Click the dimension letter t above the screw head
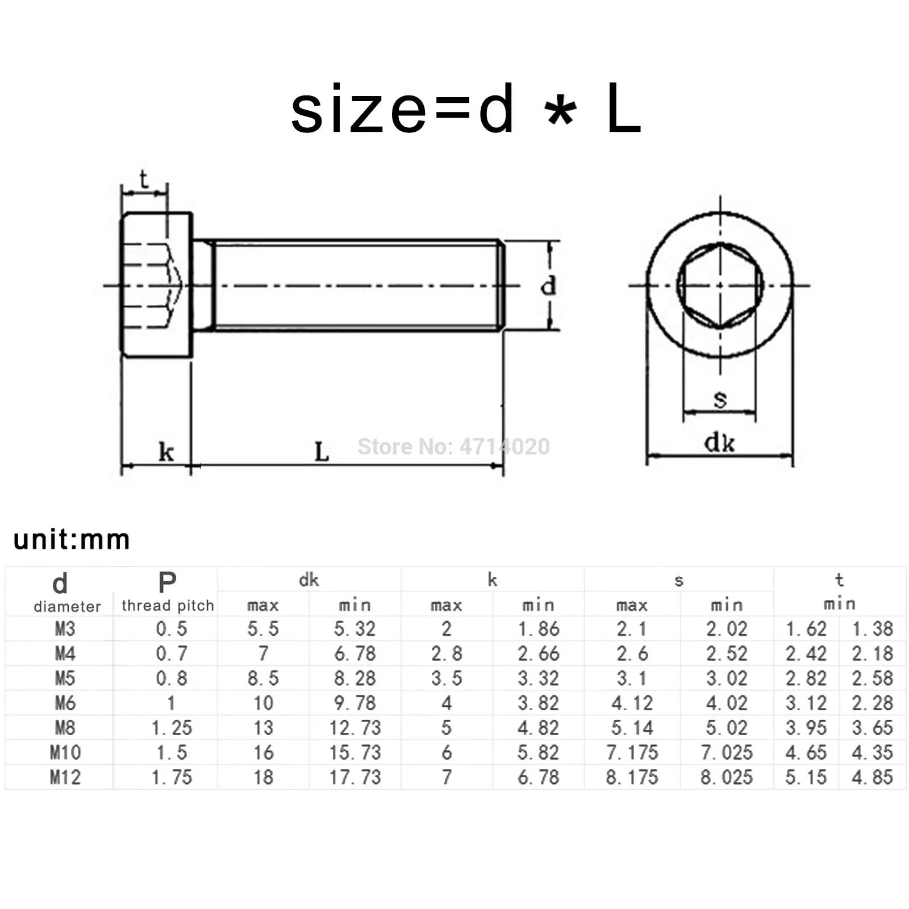[144, 180]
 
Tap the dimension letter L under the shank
[322, 452]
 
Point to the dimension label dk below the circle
[719, 443]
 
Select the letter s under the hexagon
[720, 399]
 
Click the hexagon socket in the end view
[720, 286]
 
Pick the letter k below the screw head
[166, 453]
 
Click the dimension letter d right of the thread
[548, 286]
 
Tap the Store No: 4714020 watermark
[453, 447]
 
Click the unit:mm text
[72, 539]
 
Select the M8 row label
[65, 728]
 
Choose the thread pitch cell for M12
[172, 777]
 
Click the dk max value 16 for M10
[263, 753]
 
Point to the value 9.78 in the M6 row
[355, 703]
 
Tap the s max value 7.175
[632, 753]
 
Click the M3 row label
[65, 629]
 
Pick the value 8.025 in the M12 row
[726, 777]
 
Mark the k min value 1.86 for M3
[538, 629]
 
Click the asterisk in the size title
[560, 112]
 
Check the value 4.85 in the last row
[872, 777]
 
